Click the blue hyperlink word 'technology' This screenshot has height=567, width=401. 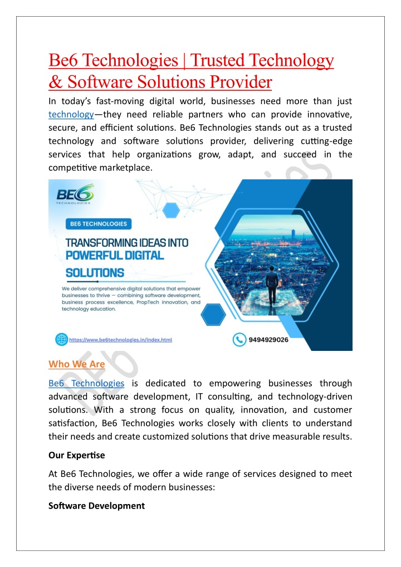[x=70, y=114]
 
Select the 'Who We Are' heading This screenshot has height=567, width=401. [x=76, y=364]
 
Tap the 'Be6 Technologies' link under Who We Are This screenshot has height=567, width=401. [x=86, y=383]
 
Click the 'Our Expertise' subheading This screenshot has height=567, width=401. [x=76, y=455]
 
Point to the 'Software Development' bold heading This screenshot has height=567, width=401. [x=96, y=506]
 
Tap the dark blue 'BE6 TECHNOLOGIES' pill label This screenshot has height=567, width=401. [x=98, y=224]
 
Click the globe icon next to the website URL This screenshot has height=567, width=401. [x=61, y=339]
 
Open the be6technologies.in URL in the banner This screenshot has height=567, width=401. [x=120, y=339]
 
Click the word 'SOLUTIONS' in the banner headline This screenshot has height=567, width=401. [x=95, y=273]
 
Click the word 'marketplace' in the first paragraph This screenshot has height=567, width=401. [x=124, y=168]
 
